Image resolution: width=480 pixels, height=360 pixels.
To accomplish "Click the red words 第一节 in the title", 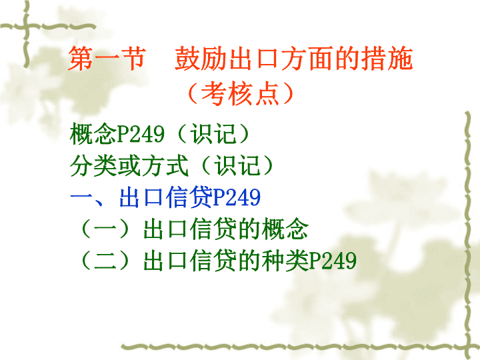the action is (107, 59).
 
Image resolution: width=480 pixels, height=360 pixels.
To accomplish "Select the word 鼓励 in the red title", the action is (201, 59).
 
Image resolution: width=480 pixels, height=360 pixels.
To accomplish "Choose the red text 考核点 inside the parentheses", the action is (240, 94).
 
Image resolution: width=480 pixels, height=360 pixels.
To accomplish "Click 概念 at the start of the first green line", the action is (93, 134).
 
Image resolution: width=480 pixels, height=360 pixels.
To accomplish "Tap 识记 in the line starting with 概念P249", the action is (214, 134).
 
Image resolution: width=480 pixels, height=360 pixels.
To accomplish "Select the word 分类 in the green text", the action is (93, 166).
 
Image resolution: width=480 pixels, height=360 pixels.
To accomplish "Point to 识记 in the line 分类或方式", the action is (237, 166).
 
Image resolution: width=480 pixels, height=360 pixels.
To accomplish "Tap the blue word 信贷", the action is (189, 197).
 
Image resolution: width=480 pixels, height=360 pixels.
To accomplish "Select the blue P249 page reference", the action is (237, 198).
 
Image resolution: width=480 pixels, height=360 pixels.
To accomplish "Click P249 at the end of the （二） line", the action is (333, 261).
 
